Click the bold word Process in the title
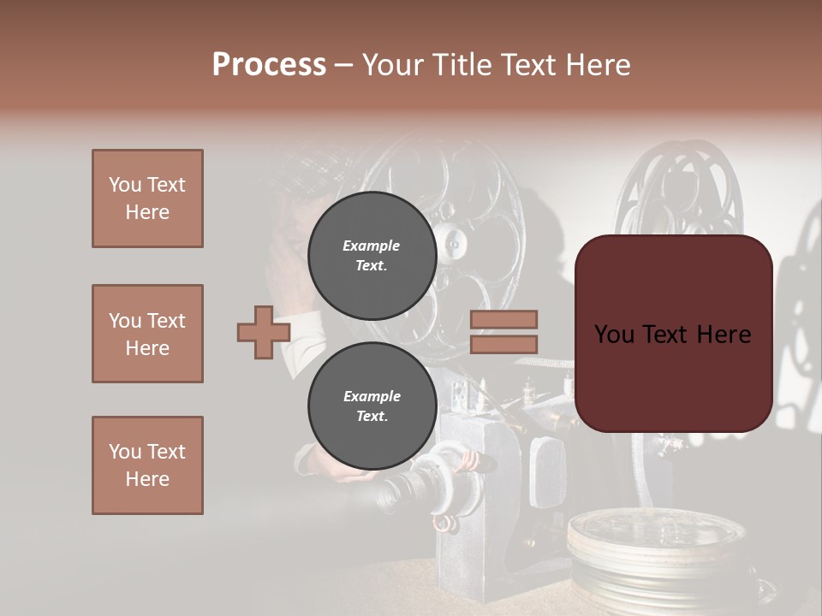(x=269, y=64)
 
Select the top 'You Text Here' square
(x=147, y=198)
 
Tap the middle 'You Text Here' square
(x=147, y=334)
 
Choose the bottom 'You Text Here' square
(x=147, y=465)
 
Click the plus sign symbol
(x=264, y=332)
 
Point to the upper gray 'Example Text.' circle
(x=372, y=255)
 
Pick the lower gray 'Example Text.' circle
(x=372, y=406)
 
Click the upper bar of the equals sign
(x=503, y=320)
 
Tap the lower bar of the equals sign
(x=503, y=344)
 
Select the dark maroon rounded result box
(x=673, y=334)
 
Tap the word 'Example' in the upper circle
(x=372, y=246)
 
